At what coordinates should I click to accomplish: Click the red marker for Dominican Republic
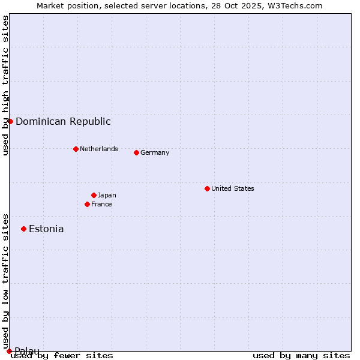[x=10, y=121]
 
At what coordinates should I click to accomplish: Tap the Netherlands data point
[x=76, y=149]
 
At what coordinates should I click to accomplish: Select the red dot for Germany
[x=136, y=152]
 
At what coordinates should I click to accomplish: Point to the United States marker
[x=207, y=188]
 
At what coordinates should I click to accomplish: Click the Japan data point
[x=94, y=195]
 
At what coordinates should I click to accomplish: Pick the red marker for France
[x=87, y=204]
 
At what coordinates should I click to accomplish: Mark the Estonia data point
[x=23, y=229]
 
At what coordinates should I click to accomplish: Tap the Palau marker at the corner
[x=9, y=351]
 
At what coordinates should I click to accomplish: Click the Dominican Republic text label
[x=63, y=121]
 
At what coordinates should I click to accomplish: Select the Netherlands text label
[x=99, y=149]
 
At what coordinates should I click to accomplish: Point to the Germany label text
[x=155, y=152]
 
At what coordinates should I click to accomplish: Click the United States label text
[x=233, y=188]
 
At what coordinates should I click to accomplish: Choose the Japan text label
[x=107, y=195]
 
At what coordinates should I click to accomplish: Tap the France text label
[x=101, y=204]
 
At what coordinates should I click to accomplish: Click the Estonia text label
[x=46, y=229]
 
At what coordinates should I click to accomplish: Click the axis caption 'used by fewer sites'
[x=62, y=355]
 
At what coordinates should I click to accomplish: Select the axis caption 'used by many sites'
[x=301, y=355]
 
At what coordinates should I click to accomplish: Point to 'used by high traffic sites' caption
[x=5, y=85]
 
